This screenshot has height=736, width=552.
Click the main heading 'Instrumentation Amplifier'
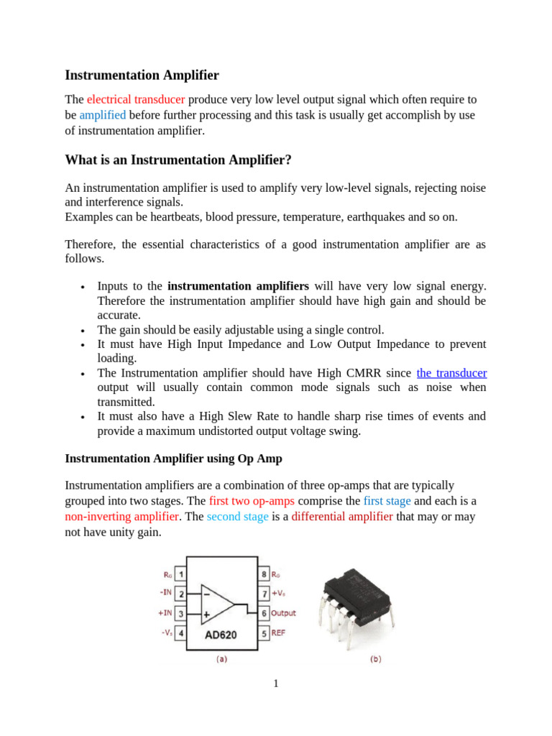(142, 75)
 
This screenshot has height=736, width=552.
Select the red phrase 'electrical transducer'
(136, 99)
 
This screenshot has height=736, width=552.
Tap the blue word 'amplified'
(102, 115)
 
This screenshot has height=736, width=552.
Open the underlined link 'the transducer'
(451, 373)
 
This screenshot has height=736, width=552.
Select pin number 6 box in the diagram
(264, 613)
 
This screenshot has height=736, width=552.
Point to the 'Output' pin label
(284, 613)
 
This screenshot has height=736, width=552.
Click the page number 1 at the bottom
(275, 683)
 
